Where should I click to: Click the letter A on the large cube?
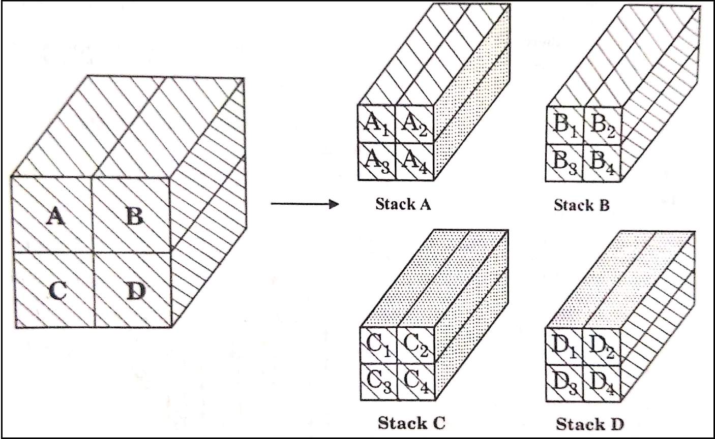click(54, 217)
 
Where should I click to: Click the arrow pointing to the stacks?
click(304, 205)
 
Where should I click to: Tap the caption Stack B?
click(581, 205)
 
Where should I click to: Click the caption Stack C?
click(411, 422)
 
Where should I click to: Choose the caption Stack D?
click(589, 423)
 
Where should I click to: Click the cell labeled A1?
click(377, 124)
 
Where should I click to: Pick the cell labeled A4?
click(415, 162)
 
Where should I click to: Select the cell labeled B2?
click(603, 126)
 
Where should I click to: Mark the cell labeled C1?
click(378, 345)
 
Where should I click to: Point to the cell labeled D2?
click(602, 346)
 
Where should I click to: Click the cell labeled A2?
click(415, 124)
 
